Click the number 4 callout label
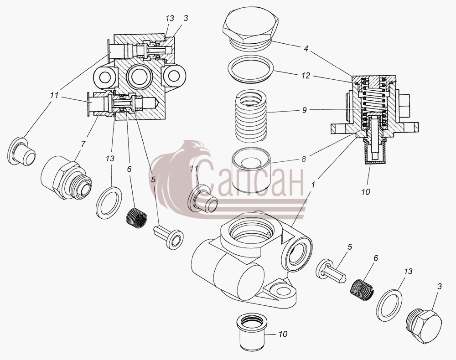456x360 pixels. click(306, 48)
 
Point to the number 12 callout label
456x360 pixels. click(306, 76)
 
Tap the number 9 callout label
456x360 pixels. click(304, 110)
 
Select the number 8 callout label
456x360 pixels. click(304, 159)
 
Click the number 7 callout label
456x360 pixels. click(83, 144)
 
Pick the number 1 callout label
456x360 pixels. click(313, 184)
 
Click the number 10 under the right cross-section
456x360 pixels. click(366, 192)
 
